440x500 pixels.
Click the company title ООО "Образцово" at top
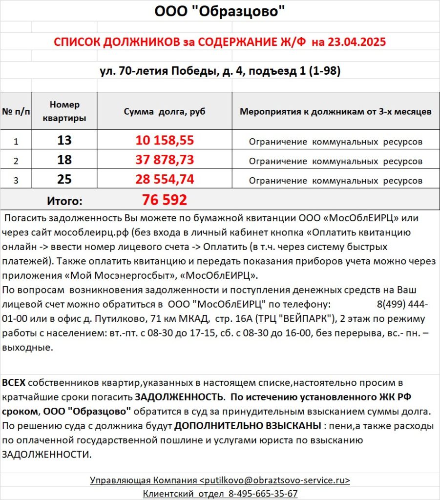coord(219,11)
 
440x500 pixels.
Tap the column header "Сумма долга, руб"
coord(165,112)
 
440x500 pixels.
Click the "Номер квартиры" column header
coord(64,112)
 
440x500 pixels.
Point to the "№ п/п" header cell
coord(16,112)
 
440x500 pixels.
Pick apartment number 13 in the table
coord(64,141)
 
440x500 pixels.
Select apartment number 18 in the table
coord(64,160)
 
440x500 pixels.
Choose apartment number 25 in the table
coord(64,180)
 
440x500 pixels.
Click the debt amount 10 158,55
coord(165,141)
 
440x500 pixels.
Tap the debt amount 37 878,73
coord(165,160)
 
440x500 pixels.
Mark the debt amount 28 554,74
coord(165,180)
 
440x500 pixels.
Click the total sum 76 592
coord(165,200)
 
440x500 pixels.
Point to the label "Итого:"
coord(64,200)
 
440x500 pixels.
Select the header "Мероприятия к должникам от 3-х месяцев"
coord(335,112)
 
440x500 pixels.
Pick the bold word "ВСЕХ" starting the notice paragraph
coord(14,383)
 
